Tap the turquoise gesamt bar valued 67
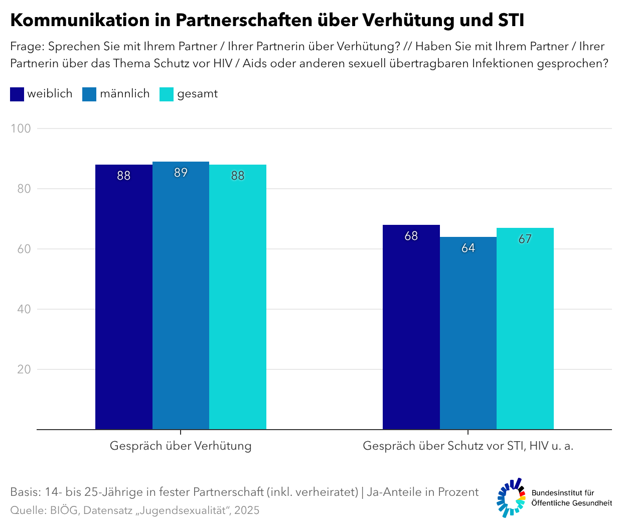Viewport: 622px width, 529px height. (525, 331)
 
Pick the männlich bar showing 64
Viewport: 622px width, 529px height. (468, 336)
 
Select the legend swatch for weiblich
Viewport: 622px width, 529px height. (17, 94)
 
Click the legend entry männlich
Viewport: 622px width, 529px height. (124, 94)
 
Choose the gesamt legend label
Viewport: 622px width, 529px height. (197, 94)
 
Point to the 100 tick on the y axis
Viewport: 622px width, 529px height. (21, 128)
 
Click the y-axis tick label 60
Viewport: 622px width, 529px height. (24, 249)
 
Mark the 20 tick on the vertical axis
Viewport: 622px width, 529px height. (24, 369)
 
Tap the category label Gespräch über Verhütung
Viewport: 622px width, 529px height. (181, 446)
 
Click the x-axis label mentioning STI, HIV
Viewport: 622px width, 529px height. (468, 446)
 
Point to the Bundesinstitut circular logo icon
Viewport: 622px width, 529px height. (511, 497)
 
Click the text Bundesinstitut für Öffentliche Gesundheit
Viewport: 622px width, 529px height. (571, 498)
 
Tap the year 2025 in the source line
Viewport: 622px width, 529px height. (247, 510)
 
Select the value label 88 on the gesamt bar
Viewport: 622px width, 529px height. (238, 176)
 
